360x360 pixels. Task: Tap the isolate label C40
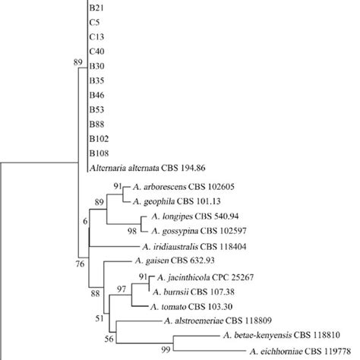[x=96, y=51]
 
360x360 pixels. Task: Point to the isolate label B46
[x=96, y=94]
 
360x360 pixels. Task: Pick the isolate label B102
[x=99, y=137]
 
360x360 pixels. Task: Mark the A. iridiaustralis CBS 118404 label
[x=199, y=246]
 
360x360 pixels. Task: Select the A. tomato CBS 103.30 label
[x=185, y=305]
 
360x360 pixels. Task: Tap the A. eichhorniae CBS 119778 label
[x=305, y=352]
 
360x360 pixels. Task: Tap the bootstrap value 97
[x=122, y=289]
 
